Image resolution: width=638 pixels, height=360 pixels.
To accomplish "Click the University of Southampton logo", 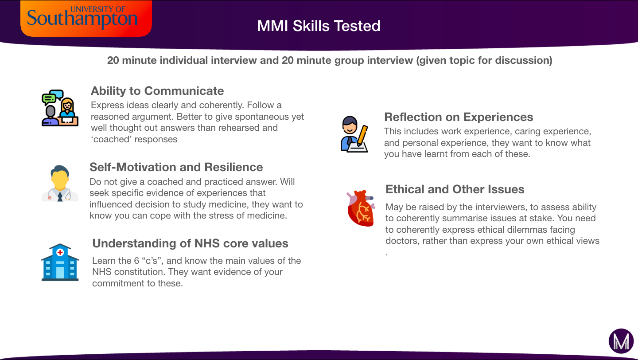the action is pos(86,18).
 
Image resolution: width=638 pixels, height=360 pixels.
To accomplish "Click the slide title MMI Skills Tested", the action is pos(319,26).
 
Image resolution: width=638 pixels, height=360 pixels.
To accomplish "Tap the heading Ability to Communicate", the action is pos(157,91).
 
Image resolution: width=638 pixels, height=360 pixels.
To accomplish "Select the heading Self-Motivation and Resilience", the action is pos(176,167).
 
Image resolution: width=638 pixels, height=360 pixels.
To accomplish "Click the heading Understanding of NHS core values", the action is pos(190,243).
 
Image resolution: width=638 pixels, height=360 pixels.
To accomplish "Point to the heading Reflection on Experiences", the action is pos(459,117).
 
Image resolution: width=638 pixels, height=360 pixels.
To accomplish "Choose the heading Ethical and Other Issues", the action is pos(455,189).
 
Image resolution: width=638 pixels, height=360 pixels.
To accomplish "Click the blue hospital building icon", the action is pos(60,262).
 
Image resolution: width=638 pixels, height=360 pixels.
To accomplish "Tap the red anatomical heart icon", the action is pos(361,208).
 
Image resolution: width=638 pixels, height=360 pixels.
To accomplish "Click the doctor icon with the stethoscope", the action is pos(60,183).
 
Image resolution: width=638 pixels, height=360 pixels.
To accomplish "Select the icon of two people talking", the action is pos(60,108).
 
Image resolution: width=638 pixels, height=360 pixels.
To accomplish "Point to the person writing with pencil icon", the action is pos(354,134).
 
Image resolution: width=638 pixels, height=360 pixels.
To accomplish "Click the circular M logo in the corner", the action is pos(621,341).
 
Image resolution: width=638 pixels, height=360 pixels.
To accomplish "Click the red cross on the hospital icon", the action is pos(60,252).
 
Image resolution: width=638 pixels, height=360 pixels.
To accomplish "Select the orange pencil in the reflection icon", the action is pos(362,135).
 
